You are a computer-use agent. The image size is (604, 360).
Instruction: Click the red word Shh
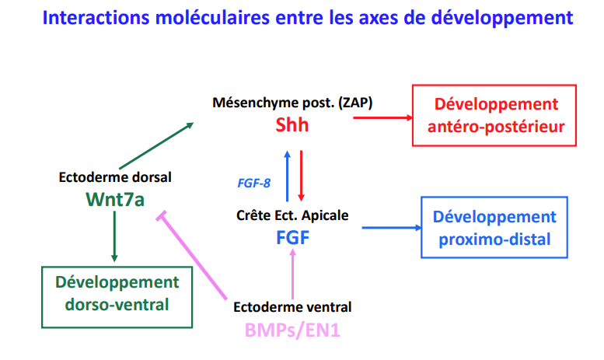coord(292,124)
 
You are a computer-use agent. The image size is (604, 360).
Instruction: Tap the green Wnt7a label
coord(115,199)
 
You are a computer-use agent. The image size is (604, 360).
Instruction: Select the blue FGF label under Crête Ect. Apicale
coord(293,237)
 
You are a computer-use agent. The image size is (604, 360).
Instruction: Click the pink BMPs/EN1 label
coord(292,330)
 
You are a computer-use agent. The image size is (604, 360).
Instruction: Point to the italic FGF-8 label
coord(254,183)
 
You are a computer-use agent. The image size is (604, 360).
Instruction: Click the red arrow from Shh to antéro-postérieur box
coord(383,117)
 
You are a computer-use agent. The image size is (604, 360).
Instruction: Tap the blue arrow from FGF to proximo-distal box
coord(392,228)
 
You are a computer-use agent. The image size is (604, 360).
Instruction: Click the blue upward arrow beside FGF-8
coord(287,177)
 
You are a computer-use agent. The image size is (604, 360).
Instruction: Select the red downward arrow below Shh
coord(302,176)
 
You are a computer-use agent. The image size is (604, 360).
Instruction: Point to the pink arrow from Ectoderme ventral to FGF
coord(293,274)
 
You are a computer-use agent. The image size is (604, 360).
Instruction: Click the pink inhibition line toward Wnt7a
coord(192,255)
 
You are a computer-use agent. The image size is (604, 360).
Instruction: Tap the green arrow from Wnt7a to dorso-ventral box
coord(114,236)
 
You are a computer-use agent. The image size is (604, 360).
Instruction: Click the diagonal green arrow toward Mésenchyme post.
coord(156,145)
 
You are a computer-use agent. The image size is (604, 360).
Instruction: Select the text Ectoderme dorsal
coord(115,177)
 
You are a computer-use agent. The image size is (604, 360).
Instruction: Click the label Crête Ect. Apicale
coord(292,215)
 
